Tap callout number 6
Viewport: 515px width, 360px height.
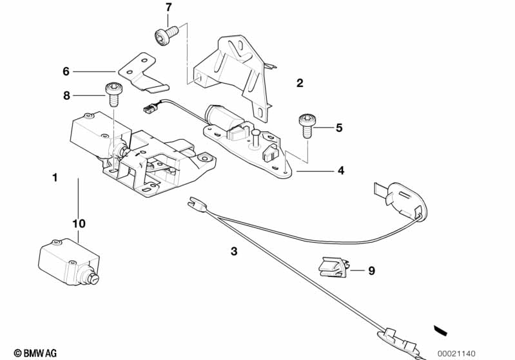click(66, 71)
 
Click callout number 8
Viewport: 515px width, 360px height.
click(66, 96)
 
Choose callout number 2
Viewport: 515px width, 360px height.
click(300, 83)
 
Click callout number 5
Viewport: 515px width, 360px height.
click(339, 128)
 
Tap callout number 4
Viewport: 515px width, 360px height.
click(340, 171)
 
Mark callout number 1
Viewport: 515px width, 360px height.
click(55, 176)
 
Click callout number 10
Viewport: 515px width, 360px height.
click(79, 223)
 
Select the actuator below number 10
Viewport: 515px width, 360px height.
click(68, 261)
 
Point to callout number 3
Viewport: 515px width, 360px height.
click(235, 251)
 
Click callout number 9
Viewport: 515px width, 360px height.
click(371, 271)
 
